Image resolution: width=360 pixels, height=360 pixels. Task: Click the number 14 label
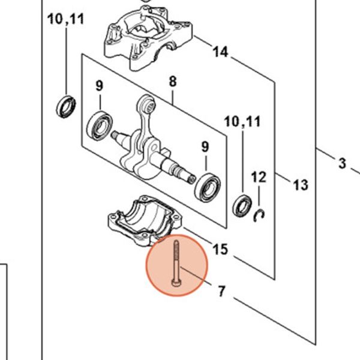(x=220, y=53)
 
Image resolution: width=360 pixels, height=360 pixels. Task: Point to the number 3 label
(x=343, y=163)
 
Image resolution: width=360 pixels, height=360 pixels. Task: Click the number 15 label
(x=221, y=248)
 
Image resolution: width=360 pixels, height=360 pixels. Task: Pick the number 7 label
(x=221, y=292)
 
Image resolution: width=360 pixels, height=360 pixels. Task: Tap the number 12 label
(x=258, y=177)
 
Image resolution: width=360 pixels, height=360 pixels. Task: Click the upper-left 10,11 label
(x=66, y=19)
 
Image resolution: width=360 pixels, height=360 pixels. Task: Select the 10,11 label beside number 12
(x=242, y=122)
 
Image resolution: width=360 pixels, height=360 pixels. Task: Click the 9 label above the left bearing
(x=100, y=86)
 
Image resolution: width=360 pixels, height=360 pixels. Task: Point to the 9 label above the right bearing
(x=205, y=146)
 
